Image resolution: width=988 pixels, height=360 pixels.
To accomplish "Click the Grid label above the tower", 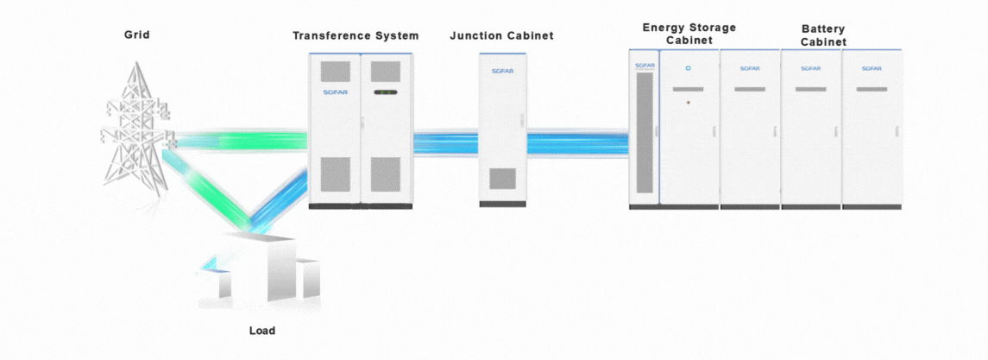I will click(136, 35).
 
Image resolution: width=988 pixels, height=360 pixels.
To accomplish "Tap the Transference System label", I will click(356, 35).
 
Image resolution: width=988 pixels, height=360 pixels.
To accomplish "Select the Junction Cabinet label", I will click(501, 35).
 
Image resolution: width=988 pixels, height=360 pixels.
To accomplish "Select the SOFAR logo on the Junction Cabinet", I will click(502, 71).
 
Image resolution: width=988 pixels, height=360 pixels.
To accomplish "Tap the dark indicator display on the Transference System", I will click(385, 92).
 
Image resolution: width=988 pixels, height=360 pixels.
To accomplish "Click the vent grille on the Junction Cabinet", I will click(502, 179).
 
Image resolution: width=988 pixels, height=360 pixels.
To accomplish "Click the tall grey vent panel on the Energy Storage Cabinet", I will click(645, 133).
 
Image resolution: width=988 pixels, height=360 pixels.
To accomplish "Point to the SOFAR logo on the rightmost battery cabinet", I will click(872, 68).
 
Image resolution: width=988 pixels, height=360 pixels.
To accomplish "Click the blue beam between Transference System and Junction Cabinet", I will click(445, 142).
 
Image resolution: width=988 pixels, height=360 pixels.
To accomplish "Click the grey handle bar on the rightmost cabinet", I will click(872, 89).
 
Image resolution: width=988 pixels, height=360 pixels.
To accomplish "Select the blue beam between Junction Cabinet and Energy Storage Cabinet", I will click(576, 142).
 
